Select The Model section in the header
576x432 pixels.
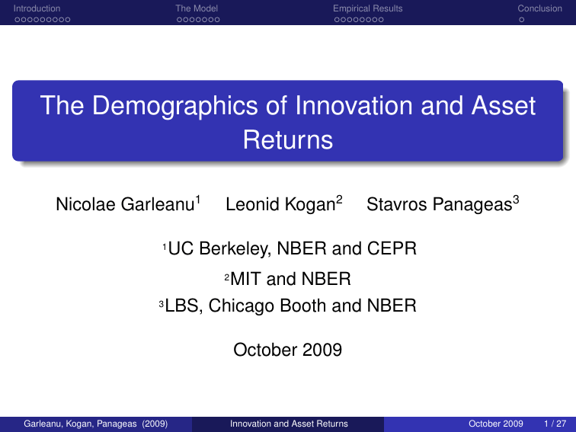click(197, 8)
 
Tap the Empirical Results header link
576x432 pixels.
click(367, 8)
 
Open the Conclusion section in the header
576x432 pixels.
click(539, 8)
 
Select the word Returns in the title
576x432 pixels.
click(288, 140)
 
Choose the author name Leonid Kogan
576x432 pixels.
click(280, 205)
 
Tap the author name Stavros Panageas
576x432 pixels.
click(438, 205)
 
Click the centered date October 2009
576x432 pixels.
click(287, 350)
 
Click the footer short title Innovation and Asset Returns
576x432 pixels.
click(289, 424)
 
